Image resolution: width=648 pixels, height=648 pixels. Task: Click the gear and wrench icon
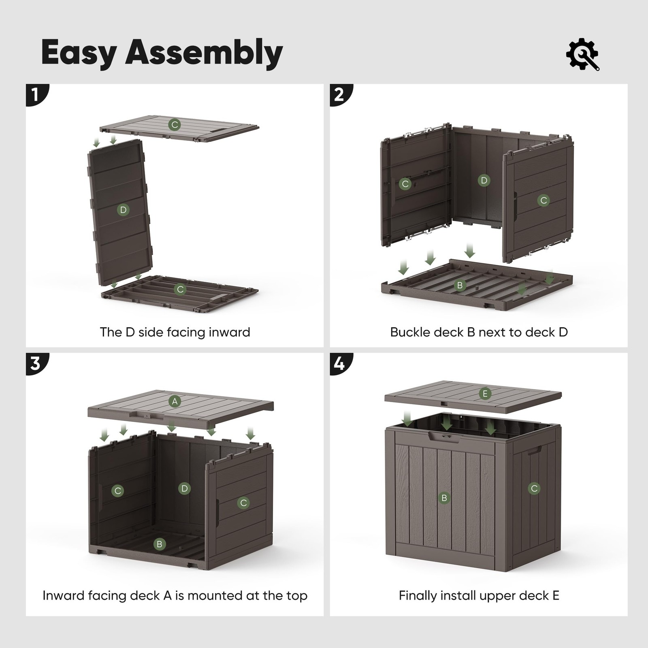coord(582,54)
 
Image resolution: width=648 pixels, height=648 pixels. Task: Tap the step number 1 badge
coord(36,94)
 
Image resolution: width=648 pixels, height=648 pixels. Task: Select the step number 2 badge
coord(340,94)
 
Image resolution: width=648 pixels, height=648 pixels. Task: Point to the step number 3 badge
coord(36,363)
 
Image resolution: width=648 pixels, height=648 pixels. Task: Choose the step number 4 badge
coord(340,363)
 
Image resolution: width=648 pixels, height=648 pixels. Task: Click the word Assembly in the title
coord(204,53)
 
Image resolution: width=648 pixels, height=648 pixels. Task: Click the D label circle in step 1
coord(123,210)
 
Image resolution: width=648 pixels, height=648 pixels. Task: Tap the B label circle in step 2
coord(460,286)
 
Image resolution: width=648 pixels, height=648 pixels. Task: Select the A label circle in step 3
coord(175,401)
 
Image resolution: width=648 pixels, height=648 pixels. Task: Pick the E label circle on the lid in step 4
coord(485,394)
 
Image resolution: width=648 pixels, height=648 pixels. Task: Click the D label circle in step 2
coord(484,180)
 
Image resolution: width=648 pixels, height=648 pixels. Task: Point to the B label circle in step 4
coord(444,498)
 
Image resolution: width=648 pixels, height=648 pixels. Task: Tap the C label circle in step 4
coord(534,488)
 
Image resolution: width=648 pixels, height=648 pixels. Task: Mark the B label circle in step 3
coord(160,544)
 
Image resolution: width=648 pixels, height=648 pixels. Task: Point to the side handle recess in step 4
coord(535,450)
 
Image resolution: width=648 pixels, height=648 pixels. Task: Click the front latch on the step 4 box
coord(442,436)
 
